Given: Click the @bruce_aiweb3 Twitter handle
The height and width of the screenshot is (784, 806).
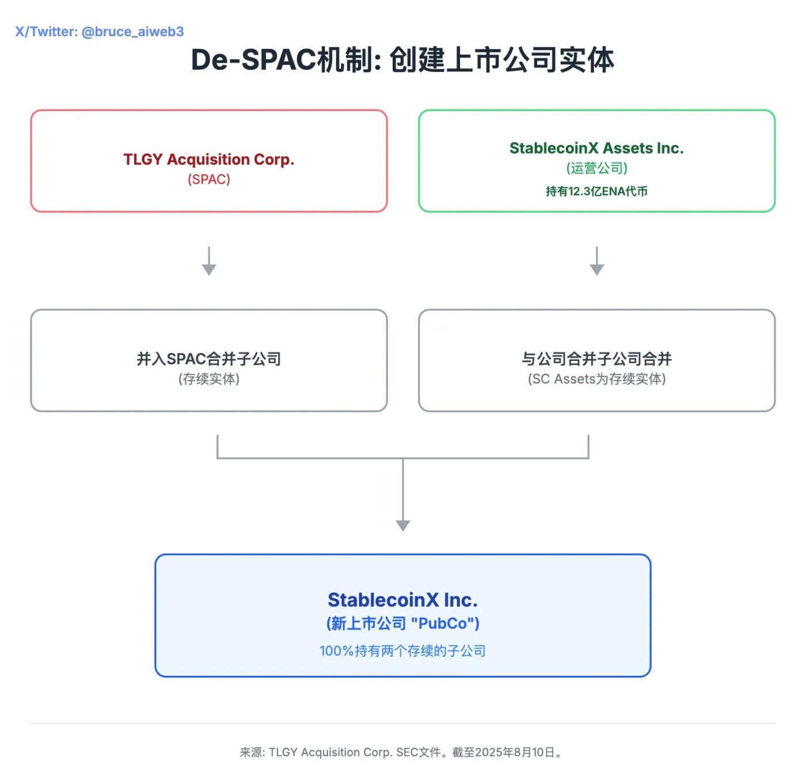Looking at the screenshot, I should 132,32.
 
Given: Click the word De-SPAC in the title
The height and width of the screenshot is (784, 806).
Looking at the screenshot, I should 253,60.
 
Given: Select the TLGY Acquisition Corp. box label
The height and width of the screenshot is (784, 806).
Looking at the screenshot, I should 208,159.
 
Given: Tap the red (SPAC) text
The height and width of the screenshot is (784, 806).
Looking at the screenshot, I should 208,180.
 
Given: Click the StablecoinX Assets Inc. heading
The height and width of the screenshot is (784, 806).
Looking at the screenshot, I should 596,149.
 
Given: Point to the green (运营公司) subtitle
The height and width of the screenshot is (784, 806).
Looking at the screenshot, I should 596,168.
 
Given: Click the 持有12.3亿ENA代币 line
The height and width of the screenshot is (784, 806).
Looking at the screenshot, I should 596,191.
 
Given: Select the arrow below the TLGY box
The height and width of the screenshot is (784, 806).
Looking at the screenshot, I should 209,261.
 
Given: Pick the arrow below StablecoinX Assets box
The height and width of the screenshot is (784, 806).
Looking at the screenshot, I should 597,261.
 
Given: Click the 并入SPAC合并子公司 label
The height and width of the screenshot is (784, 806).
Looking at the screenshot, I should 208,359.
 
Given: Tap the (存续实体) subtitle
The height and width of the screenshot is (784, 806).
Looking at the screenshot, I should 208,379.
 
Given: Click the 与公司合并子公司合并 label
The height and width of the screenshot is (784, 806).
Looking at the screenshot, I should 596,359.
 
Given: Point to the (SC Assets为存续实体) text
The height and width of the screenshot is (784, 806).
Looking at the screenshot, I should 596,379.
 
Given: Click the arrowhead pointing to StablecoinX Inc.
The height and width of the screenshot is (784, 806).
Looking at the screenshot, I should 403,525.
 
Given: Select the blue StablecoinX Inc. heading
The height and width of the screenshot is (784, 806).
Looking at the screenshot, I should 402,600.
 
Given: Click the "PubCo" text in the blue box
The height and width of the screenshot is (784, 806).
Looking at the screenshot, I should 442,623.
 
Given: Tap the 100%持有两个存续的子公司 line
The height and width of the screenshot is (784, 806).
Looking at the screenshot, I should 402,651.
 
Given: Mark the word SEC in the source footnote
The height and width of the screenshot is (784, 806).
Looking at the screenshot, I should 407,752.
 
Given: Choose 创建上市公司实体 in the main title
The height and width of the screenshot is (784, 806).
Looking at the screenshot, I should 501,60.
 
